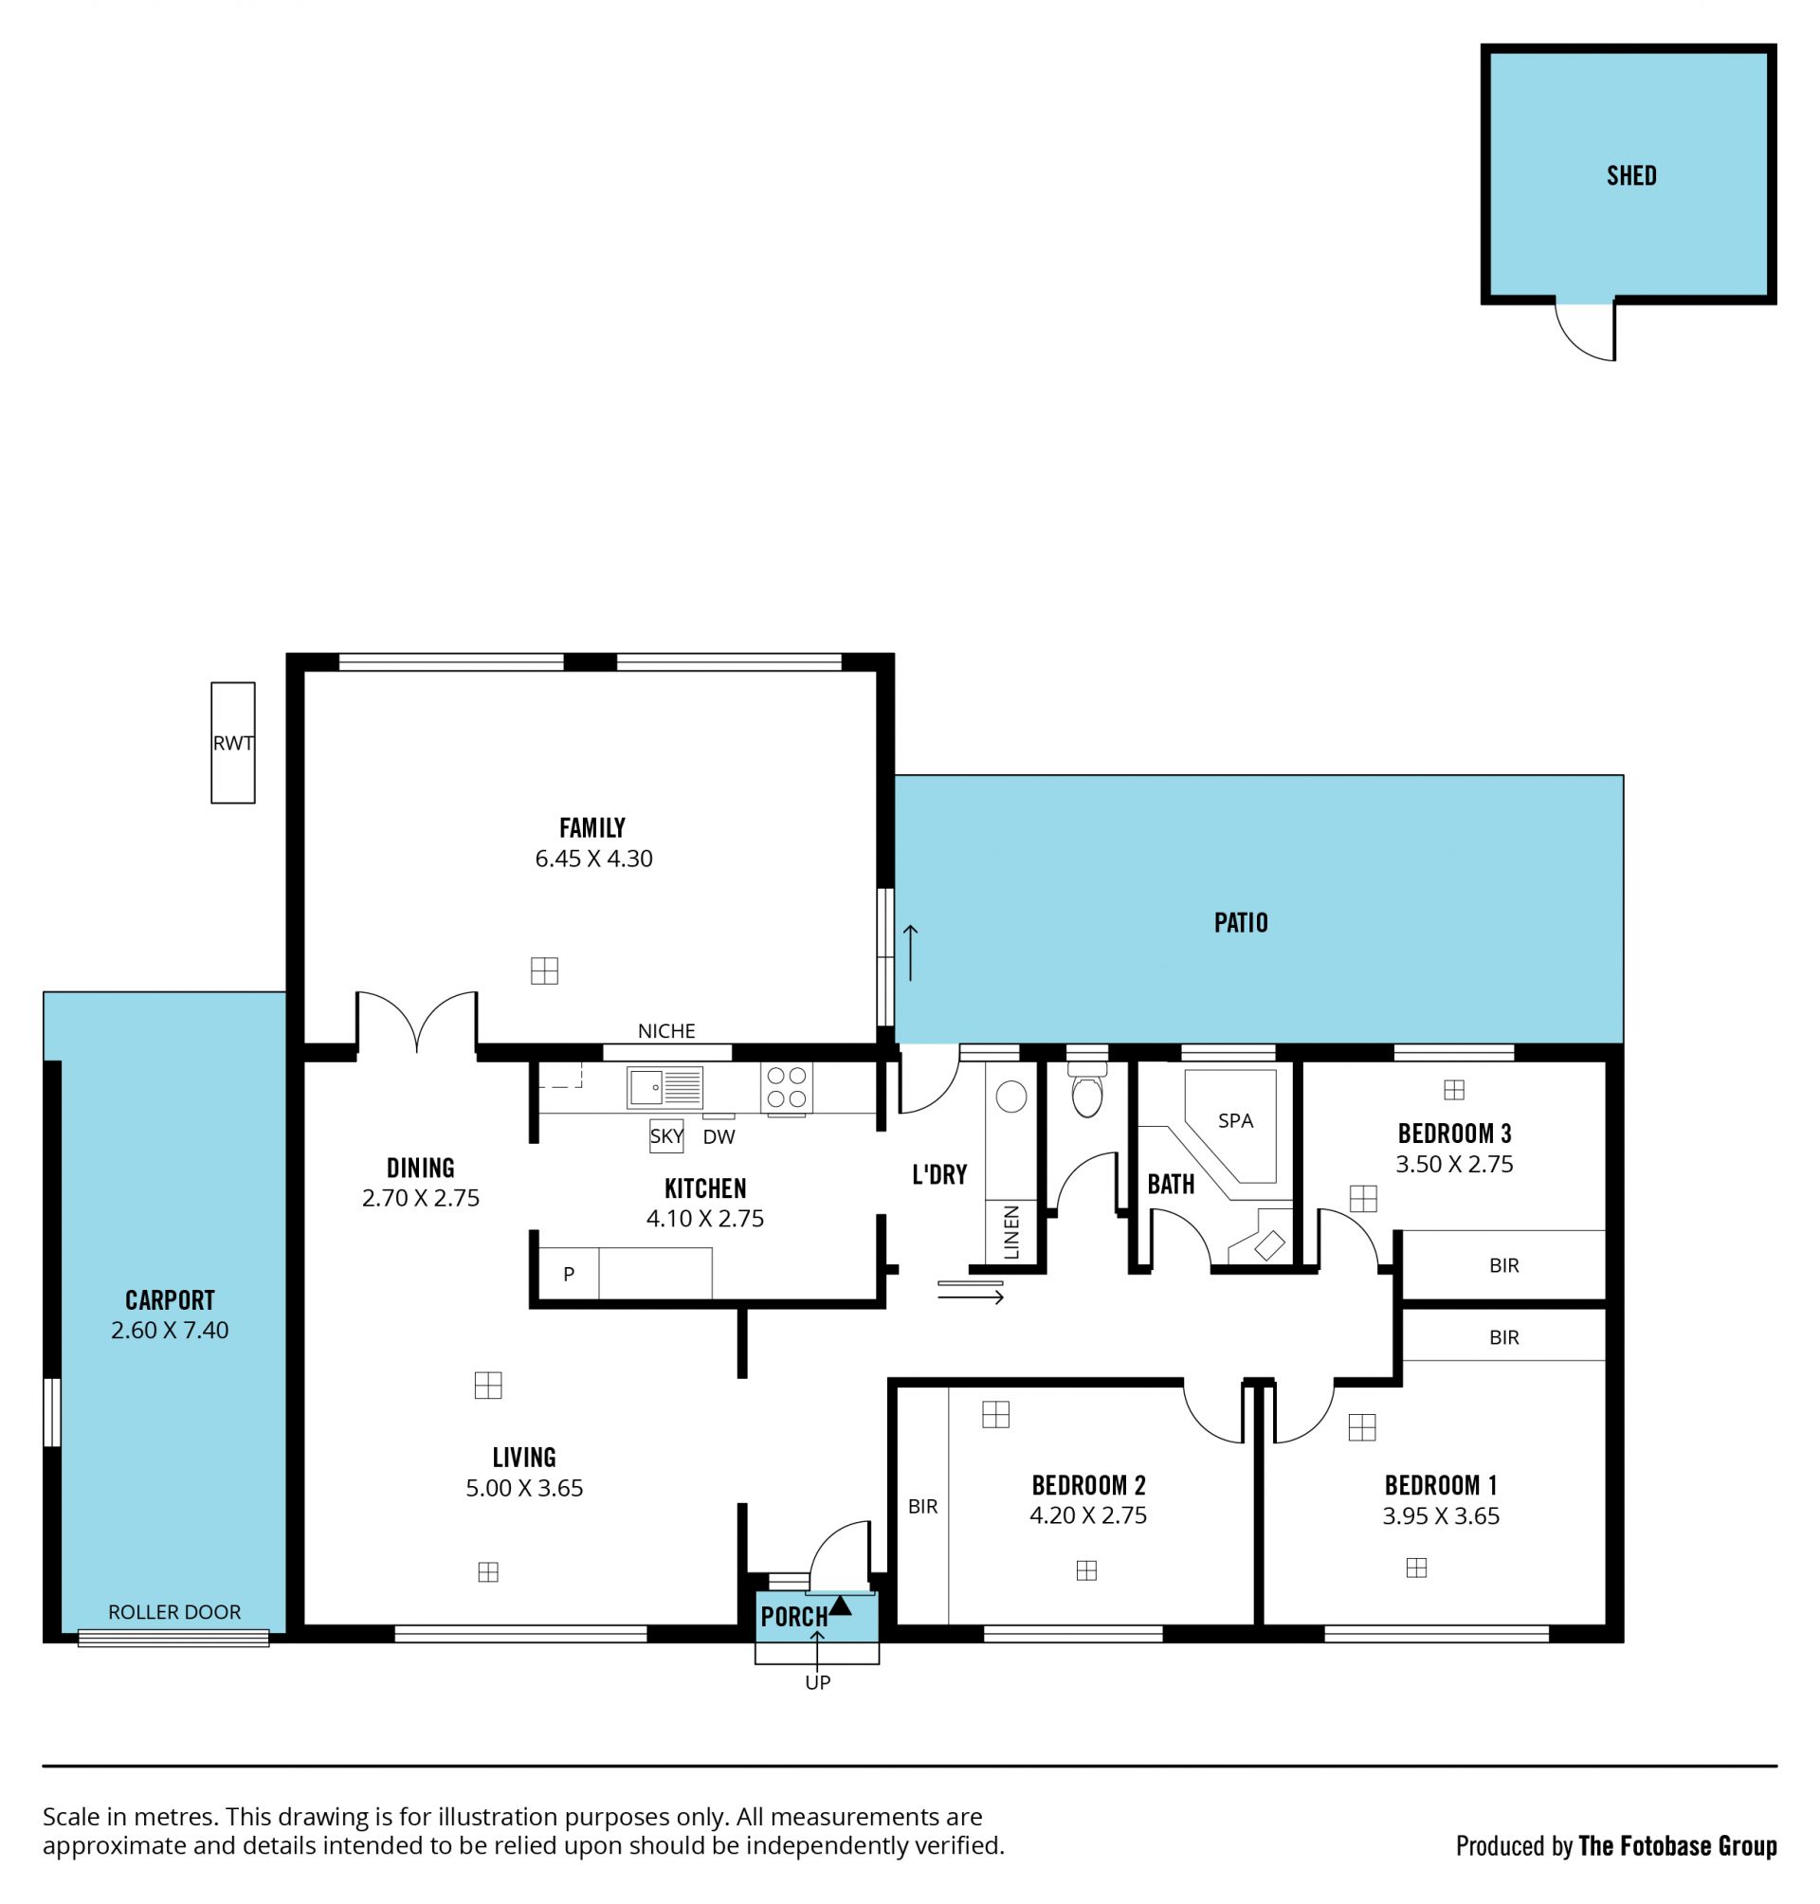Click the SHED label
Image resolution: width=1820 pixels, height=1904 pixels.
[x=1630, y=175]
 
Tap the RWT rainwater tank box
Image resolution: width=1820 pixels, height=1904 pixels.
[x=233, y=742]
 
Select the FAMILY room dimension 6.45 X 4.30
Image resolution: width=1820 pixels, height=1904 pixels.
[x=593, y=859]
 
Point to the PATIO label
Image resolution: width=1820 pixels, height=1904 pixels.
[x=1241, y=922]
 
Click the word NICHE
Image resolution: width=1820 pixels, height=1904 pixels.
[x=666, y=1031]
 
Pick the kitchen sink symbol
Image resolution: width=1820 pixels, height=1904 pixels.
[x=664, y=1087]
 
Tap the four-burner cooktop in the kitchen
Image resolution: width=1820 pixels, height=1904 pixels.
[x=787, y=1087]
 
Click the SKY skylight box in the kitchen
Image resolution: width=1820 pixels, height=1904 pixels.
[x=666, y=1135]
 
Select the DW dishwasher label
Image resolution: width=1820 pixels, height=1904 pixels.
[x=719, y=1136]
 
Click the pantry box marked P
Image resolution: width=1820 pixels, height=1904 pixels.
[x=569, y=1274]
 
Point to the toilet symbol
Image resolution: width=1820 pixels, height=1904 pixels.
[x=1086, y=1089]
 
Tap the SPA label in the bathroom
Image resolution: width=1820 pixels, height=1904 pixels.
[x=1235, y=1120]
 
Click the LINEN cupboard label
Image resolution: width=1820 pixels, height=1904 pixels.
[x=1011, y=1232]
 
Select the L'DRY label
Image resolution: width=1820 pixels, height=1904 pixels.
[x=939, y=1174]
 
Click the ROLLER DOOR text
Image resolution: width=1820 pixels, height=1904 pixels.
[x=174, y=1611]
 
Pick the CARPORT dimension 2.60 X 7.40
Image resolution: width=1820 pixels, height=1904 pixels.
[x=170, y=1330]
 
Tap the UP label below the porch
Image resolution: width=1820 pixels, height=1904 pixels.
[x=818, y=1683]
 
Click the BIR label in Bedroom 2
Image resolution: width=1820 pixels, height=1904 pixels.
[x=922, y=1506]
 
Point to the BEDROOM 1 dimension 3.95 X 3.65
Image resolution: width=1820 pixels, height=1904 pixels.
[x=1441, y=1516]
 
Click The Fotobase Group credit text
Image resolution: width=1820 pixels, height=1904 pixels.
[x=1678, y=1846]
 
